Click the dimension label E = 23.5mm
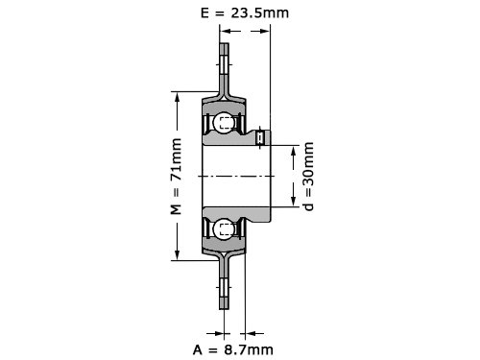point(245,13)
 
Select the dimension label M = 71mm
point(176,177)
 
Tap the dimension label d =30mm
point(308,177)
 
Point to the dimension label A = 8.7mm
point(233,349)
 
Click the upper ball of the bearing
point(223,122)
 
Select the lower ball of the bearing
point(223,229)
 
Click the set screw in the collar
point(260,137)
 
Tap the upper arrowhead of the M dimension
point(177,97)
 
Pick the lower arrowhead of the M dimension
point(177,254)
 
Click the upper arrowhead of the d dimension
point(294,151)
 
